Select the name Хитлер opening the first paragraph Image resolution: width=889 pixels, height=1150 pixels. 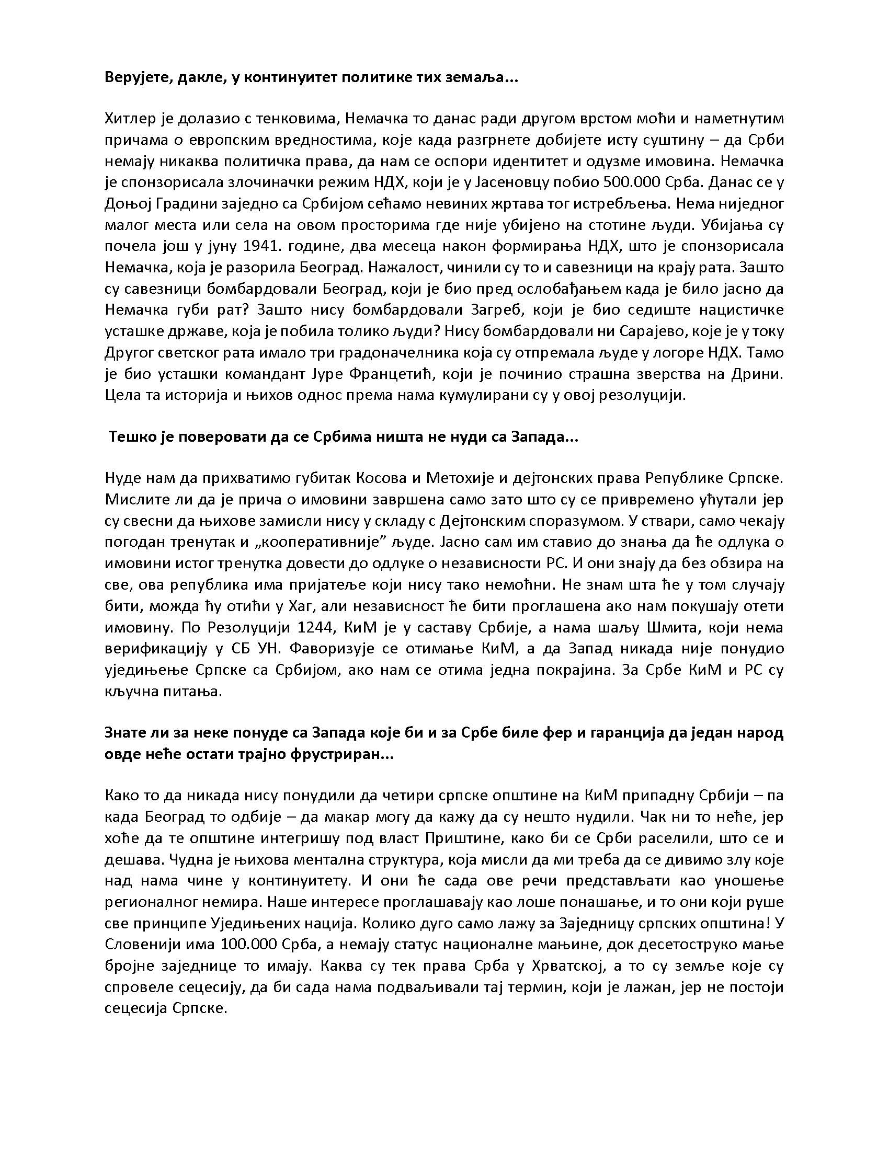(131, 119)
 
